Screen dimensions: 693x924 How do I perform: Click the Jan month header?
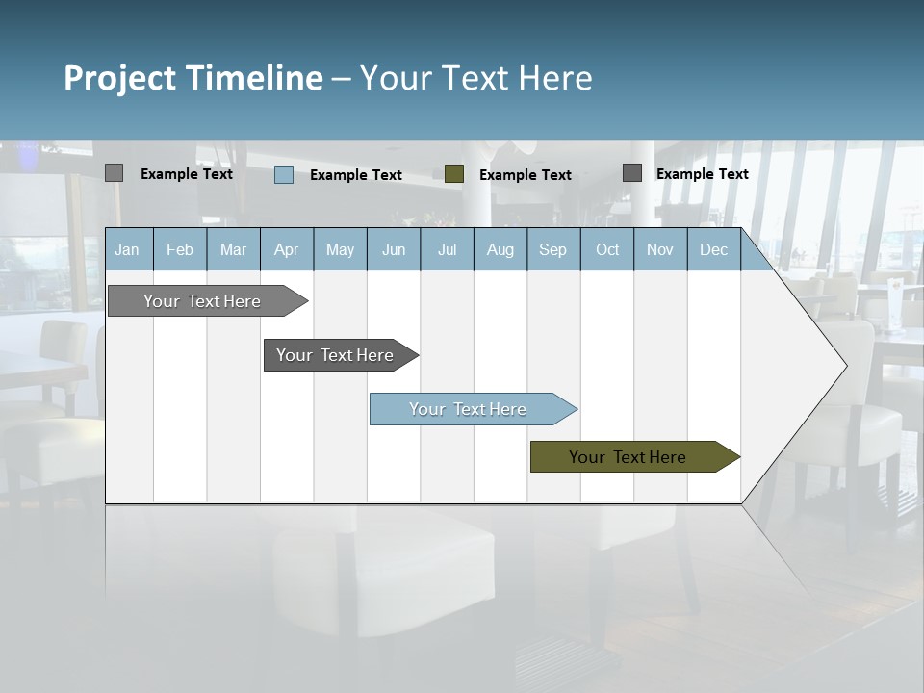pos(127,250)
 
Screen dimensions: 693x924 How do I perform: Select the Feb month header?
pos(180,250)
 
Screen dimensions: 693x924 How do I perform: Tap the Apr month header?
pos(286,250)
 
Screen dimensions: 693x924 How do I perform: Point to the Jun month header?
pos(393,250)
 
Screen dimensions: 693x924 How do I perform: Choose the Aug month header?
pos(500,250)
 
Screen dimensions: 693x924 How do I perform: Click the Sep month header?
pos(552,250)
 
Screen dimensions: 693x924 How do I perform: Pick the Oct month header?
pos(606,250)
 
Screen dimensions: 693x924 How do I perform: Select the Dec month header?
pos(713,250)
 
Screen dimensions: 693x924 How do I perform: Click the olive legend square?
pos(454,174)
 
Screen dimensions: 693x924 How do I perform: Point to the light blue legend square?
pos(284,174)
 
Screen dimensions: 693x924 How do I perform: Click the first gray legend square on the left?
pos(114,173)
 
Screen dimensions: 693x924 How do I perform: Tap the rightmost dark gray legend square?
pos(632,173)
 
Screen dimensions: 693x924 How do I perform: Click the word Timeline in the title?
pos(253,78)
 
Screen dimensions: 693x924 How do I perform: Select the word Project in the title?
pos(120,78)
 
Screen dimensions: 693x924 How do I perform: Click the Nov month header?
pos(660,250)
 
